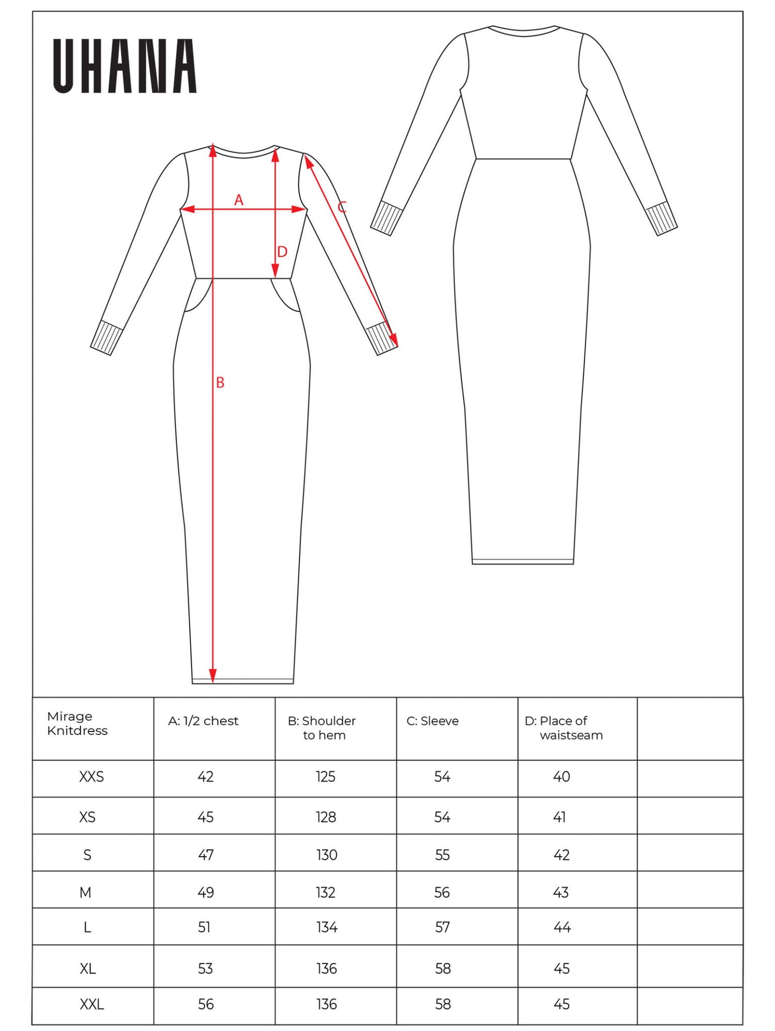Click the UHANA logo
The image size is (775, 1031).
tap(125, 66)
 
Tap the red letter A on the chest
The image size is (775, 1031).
tap(239, 200)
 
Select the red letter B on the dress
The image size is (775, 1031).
tap(220, 383)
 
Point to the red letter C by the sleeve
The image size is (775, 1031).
tap(342, 207)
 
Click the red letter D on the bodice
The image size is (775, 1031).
tap(282, 252)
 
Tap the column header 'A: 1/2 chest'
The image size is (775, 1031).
tap(203, 721)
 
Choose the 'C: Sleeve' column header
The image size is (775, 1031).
tap(432, 721)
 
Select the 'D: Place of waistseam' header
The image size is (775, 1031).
tap(563, 728)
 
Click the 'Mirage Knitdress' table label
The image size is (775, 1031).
tap(78, 723)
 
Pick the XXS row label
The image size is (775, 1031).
tap(91, 777)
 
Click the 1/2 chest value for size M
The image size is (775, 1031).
tap(206, 892)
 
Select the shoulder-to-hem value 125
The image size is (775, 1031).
tap(326, 777)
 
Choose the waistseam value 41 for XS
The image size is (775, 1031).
tap(560, 817)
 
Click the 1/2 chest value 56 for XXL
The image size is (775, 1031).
tap(206, 1004)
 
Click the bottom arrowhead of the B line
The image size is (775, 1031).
tap(213, 675)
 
